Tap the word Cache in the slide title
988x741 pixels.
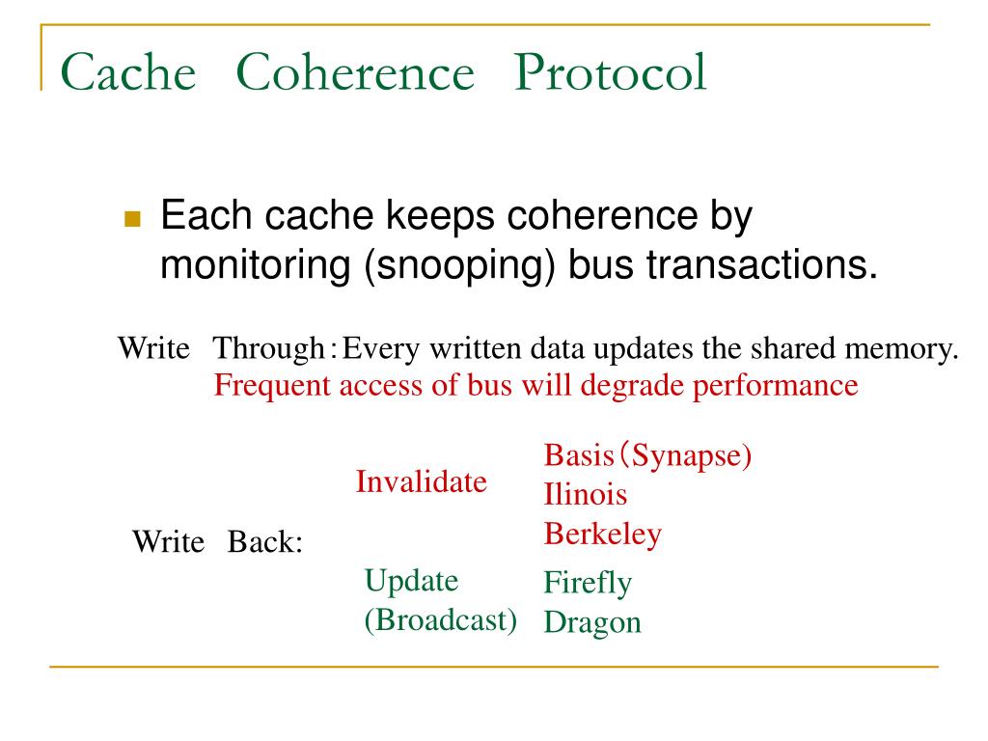[x=127, y=74]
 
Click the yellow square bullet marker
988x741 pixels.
[x=132, y=219]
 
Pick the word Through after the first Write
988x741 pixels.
[x=269, y=348]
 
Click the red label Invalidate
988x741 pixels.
[x=421, y=481]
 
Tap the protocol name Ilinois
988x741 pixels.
[x=585, y=495]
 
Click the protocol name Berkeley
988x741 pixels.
[x=603, y=534]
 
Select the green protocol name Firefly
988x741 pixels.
[x=588, y=583]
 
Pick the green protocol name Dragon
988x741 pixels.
[x=592, y=622]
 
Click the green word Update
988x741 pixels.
[x=411, y=581]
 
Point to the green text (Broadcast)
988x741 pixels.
[x=440, y=619]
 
